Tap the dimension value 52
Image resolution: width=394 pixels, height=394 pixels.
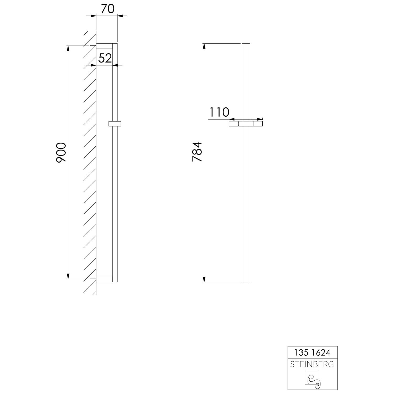(x=105, y=58)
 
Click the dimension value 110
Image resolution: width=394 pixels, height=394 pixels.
(x=219, y=112)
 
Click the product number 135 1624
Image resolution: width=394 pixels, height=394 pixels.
(x=312, y=352)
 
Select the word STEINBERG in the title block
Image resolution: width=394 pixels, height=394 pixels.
(x=312, y=364)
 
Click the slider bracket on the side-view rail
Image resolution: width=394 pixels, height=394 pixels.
(x=115, y=124)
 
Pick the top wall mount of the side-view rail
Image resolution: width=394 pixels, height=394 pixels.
(x=104, y=46)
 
